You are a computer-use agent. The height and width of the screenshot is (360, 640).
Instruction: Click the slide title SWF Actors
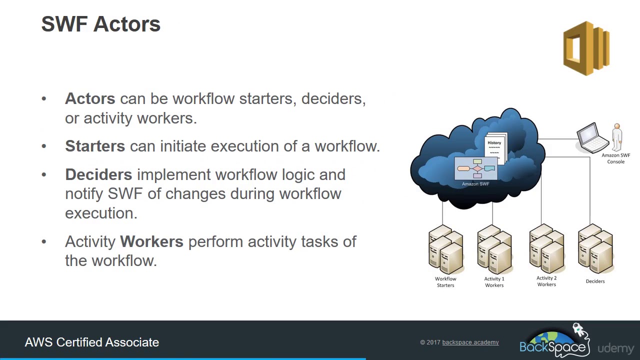click(x=100, y=24)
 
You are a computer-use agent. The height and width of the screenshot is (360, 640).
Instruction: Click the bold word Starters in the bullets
click(x=95, y=146)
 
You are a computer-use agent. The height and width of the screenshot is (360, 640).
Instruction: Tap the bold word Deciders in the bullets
click(x=98, y=174)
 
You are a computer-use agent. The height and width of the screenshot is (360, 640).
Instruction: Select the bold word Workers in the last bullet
click(x=151, y=241)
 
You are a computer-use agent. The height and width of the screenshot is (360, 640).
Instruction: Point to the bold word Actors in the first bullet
click(x=90, y=98)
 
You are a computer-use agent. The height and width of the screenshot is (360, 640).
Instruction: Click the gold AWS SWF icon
click(x=586, y=48)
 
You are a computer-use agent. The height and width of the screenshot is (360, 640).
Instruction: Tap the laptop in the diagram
click(x=592, y=137)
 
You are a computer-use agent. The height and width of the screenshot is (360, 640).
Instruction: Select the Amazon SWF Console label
click(x=615, y=158)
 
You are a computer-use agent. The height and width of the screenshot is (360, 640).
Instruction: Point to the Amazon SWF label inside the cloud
click(x=475, y=184)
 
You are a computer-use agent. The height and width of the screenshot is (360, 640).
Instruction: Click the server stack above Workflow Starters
click(x=445, y=250)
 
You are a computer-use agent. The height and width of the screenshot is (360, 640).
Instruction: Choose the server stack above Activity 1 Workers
click(x=494, y=250)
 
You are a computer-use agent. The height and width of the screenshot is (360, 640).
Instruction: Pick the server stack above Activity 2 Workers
click(x=546, y=249)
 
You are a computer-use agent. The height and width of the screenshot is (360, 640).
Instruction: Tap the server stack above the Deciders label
click(x=595, y=249)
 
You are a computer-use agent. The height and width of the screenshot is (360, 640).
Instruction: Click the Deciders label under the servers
click(x=595, y=281)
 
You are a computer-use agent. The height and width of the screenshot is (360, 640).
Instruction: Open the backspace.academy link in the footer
click(x=470, y=342)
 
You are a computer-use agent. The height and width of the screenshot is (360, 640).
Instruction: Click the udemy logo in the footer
click(x=615, y=348)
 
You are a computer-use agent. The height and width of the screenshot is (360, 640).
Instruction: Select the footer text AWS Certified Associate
click(x=92, y=342)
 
